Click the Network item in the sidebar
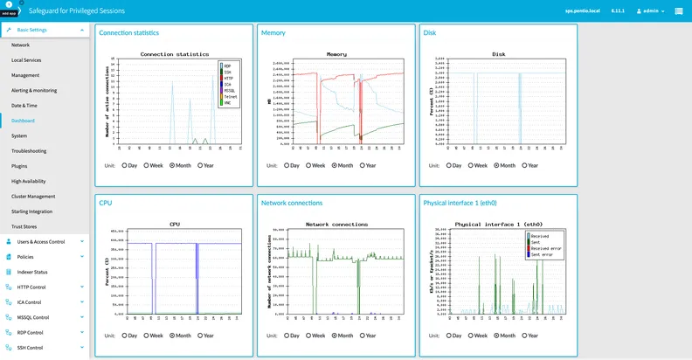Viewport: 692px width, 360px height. [20, 44]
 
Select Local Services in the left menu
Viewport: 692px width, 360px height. [26, 59]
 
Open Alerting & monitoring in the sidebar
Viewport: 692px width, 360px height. [34, 90]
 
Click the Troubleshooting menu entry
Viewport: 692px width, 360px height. [29, 150]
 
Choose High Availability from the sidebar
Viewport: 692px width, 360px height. [29, 181]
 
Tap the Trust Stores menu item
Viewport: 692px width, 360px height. [23, 226]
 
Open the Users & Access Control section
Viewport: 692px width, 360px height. [41, 241]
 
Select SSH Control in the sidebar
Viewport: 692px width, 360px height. [31, 348]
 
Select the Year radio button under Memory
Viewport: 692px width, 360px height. [363, 164]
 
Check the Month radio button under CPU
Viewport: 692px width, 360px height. [172, 335]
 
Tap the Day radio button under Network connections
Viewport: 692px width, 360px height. [287, 335]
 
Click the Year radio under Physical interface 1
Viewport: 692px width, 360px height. [524, 335]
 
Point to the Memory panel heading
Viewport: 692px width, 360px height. [273, 33]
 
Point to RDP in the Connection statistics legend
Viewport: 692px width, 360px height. [226, 66]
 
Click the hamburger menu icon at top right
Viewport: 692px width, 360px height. [679, 11]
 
